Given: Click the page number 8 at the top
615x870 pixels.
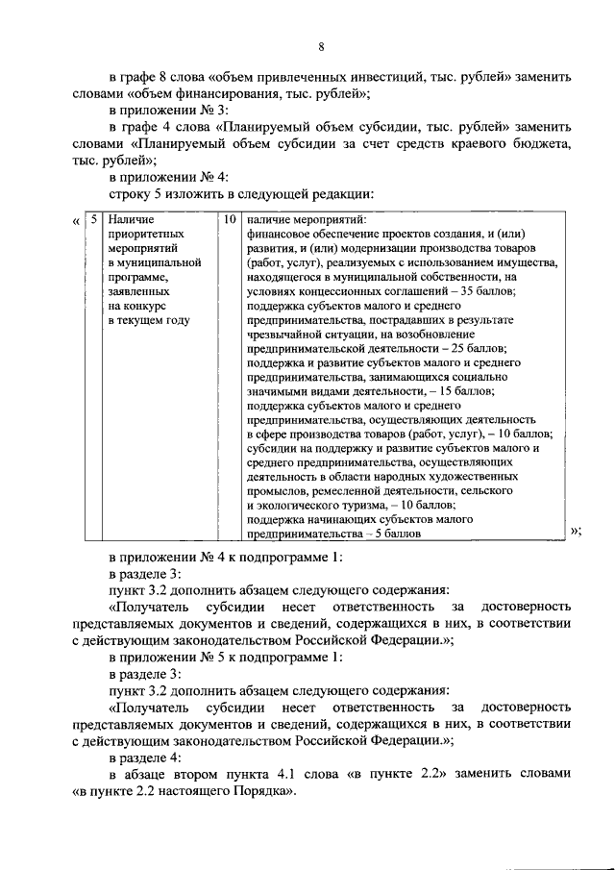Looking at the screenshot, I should (321, 47).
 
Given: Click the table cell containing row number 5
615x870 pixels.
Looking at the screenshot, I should (93, 220).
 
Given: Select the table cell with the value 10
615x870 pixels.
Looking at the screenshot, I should (229, 220).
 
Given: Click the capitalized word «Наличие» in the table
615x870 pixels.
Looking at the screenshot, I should (130, 220).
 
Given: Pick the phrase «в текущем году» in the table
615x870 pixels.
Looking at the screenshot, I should (148, 318).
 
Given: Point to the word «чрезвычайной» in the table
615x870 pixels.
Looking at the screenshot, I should (289, 333).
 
